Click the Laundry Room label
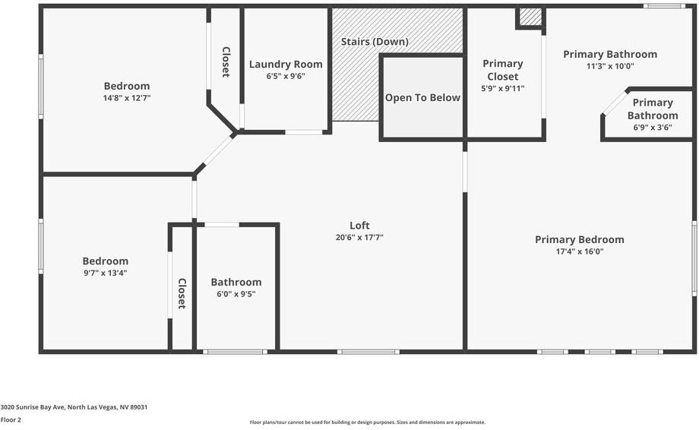click(x=286, y=65)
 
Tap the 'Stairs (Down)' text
click(x=375, y=42)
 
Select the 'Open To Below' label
click(x=422, y=97)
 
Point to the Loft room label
click(x=359, y=226)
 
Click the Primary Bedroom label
click(x=579, y=239)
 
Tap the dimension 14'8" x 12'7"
click(x=127, y=98)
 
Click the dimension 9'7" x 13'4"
click(x=106, y=272)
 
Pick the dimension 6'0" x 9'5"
click(x=236, y=294)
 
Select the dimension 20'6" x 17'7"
click(x=359, y=237)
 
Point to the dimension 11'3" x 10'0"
click(x=609, y=66)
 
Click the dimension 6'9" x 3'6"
click(x=653, y=128)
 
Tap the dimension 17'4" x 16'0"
click(x=579, y=251)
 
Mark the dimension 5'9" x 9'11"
click(x=502, y=88)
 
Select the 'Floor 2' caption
click(x=11, y=419)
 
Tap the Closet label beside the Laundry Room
click(x=226, y=62)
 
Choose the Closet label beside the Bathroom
click(x=182, y=293)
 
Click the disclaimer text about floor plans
click(x=367, y=422)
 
